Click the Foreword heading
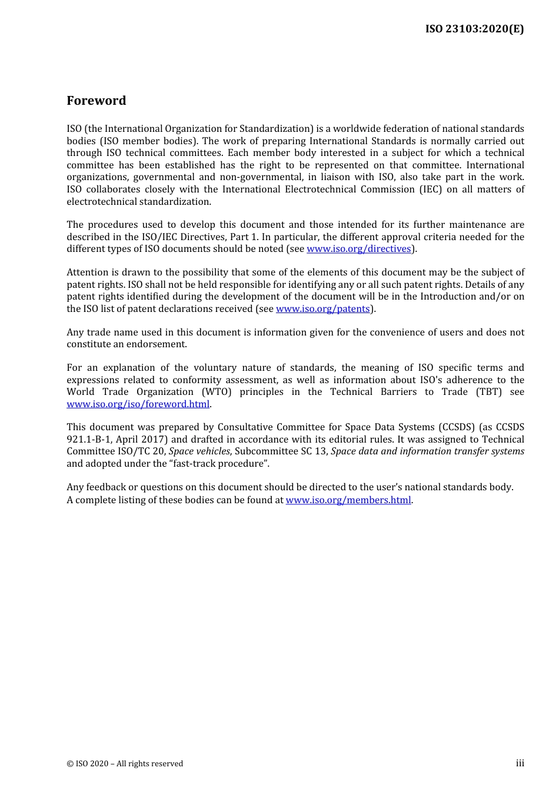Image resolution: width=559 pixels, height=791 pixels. tap(96, 101)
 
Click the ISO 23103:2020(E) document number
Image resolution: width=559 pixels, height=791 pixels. tap(474, 29)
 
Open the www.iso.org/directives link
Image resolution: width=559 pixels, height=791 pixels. tap(358, 249)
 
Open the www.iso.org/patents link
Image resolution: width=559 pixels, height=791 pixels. tap(322, 309)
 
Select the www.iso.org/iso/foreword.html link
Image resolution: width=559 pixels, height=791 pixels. tap(138, 404)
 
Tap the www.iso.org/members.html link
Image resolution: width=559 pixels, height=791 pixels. tap(348, 500)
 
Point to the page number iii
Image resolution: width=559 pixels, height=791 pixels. tap(520, 763)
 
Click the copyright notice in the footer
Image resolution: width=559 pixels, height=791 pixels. tap(125, 764)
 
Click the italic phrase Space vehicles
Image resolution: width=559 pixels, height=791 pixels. tap(199, 451)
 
